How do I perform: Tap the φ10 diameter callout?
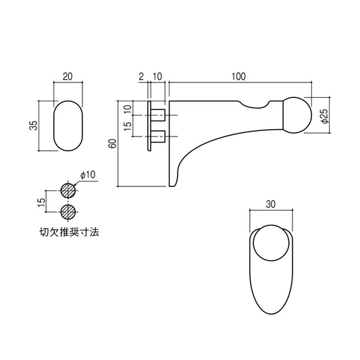point(88,176)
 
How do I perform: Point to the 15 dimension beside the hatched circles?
point(42,201)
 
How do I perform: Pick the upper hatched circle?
point(67,190)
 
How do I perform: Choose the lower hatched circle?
point(67,211)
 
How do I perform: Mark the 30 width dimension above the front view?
point(270,203)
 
